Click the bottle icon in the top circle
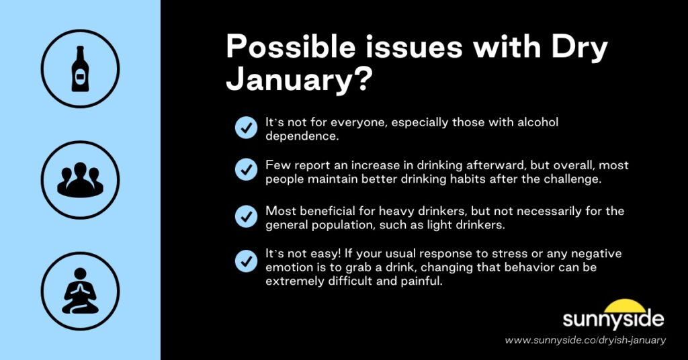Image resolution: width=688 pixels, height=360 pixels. click(80, 68)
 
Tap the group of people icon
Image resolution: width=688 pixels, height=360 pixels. click(80, 180)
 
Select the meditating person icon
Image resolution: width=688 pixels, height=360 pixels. click(80, 291)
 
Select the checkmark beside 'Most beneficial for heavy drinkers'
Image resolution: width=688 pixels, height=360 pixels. click(245, 217)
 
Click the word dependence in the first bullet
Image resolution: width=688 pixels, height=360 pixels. click(301, 136)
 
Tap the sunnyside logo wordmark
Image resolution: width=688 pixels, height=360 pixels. click(613, 320)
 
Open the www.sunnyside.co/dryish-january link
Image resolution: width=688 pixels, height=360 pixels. click(585, 341)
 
